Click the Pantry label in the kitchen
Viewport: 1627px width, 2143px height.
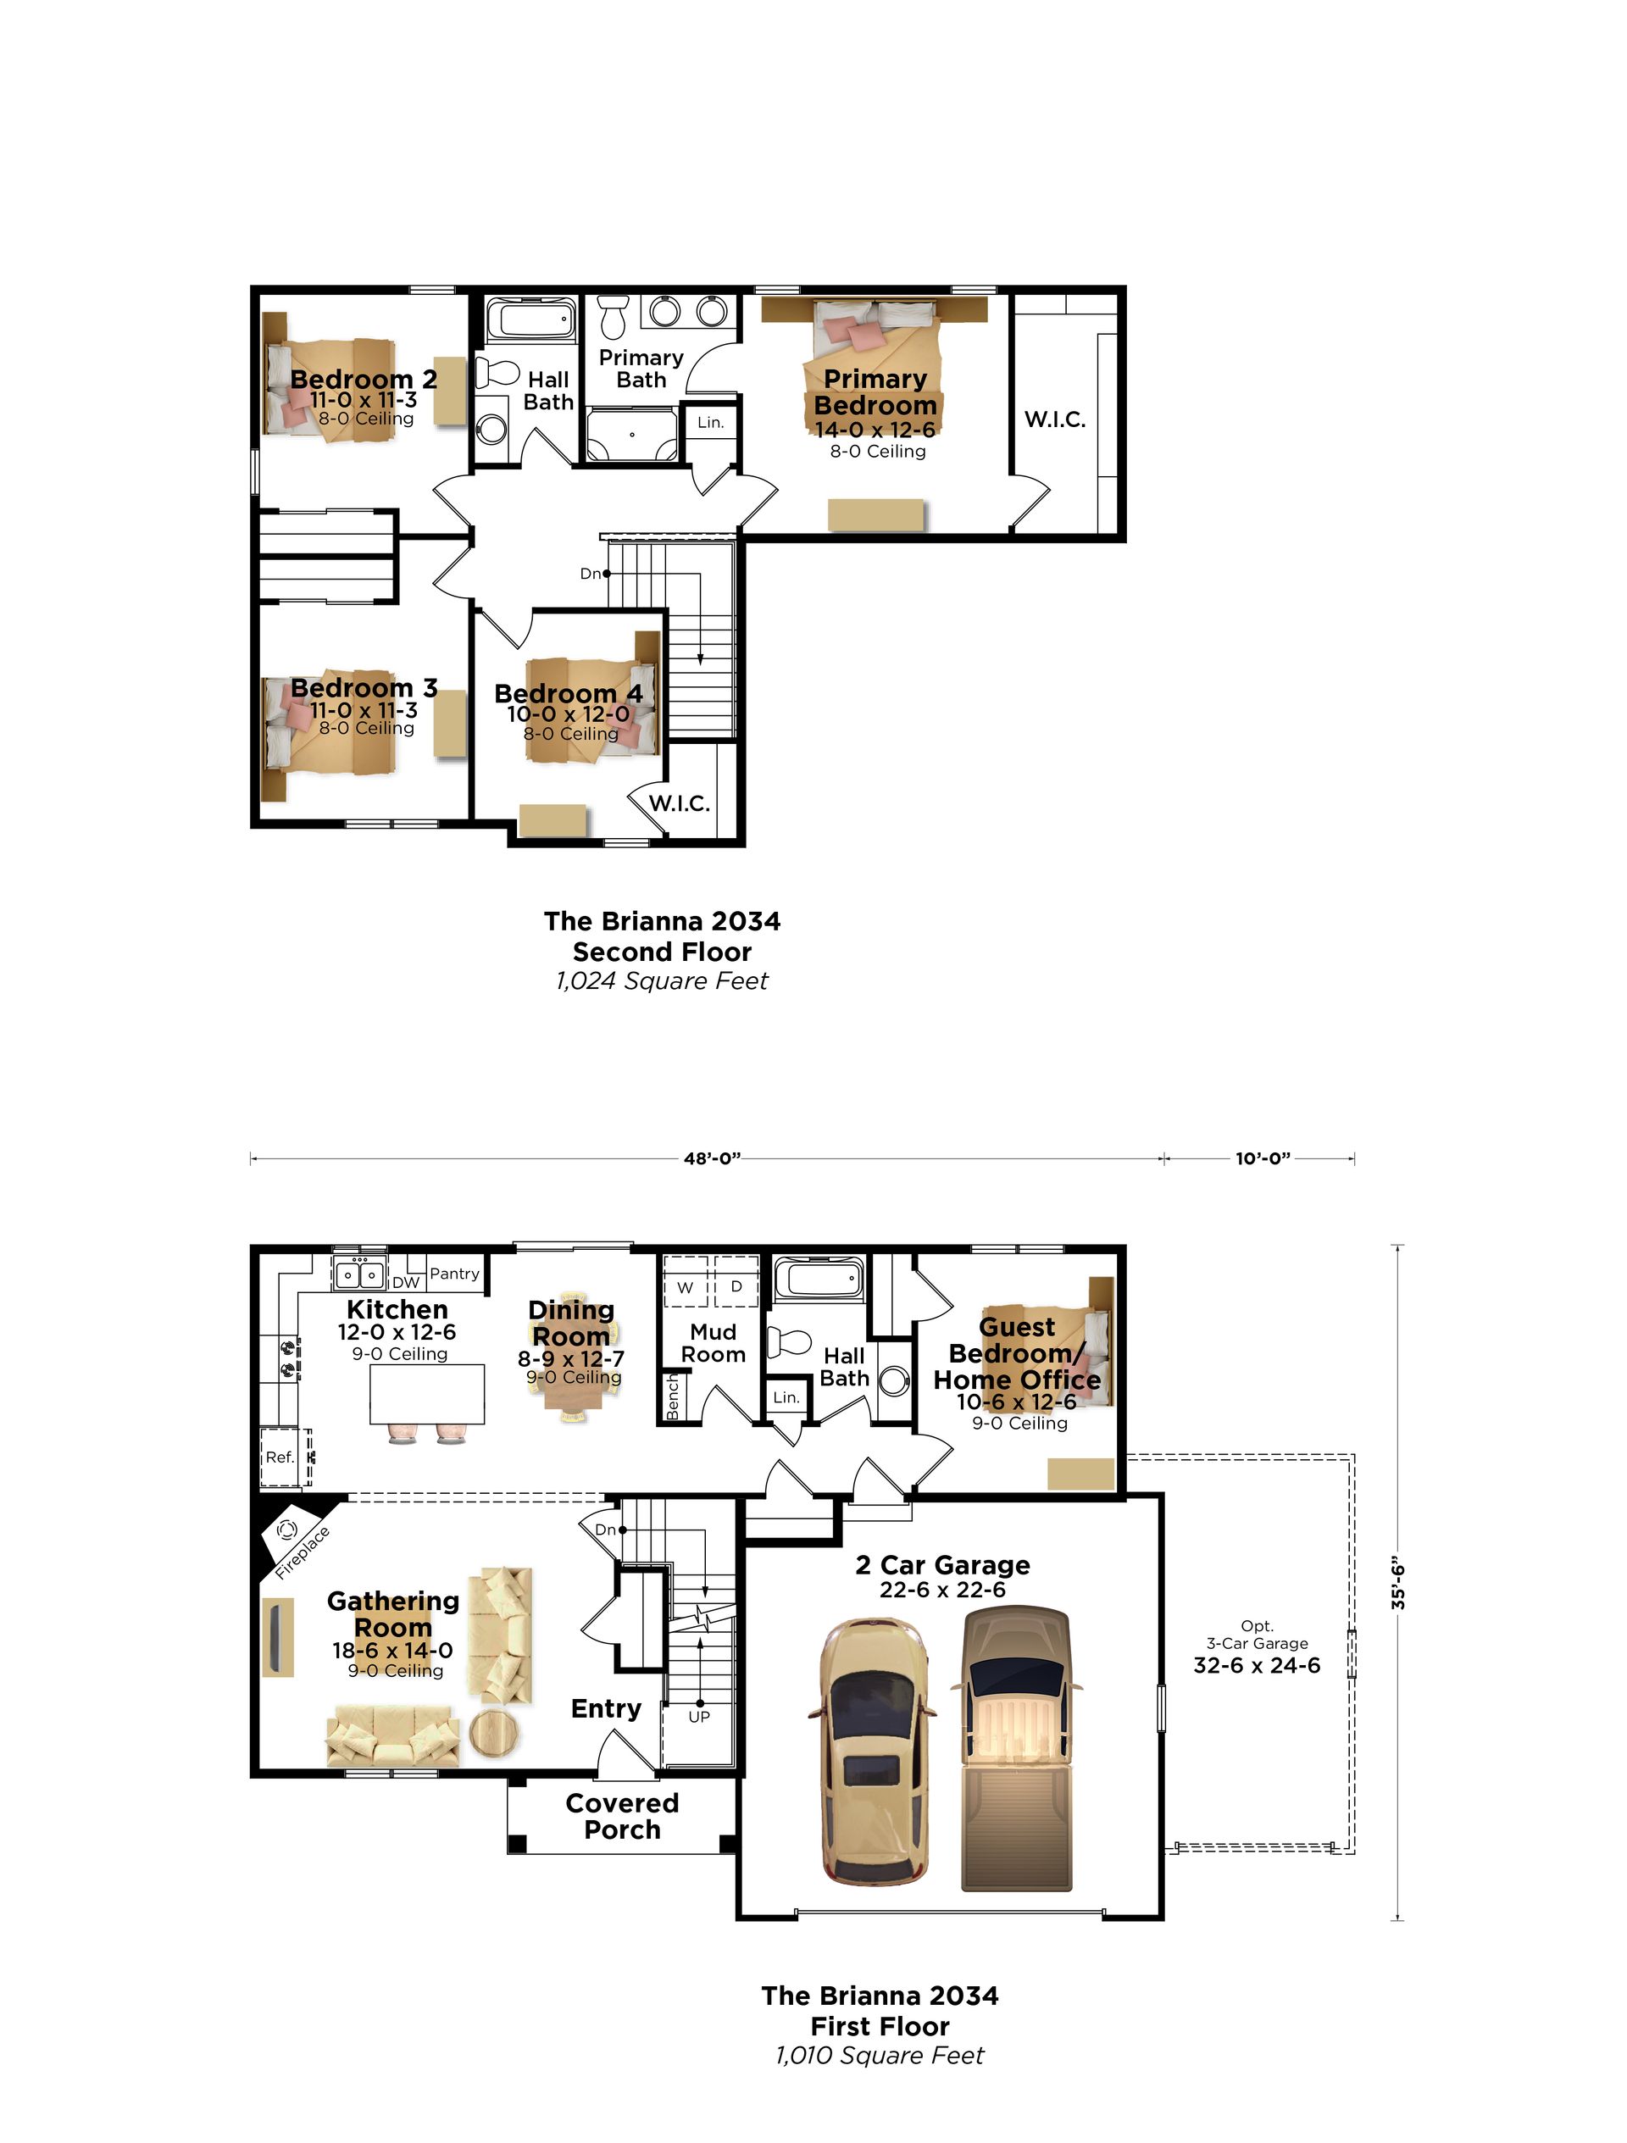[454, 1274]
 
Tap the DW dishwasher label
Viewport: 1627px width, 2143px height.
[406, 1283]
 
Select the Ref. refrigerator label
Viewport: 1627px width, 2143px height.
[279, 1457]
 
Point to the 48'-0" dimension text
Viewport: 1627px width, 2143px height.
[713, 1158]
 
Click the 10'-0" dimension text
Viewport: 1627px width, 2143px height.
[1263, 1158]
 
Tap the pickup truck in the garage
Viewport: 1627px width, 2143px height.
[1017, 1749]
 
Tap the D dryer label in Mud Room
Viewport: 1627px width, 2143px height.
[736, 1286]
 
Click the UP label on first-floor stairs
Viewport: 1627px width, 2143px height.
[698, 1717]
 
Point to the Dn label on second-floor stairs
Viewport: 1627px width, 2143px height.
[590, 574]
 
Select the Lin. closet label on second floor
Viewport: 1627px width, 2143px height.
[710, 422]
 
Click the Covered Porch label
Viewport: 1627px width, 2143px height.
[622, 1816]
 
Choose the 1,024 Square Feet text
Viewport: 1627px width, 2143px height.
[662, 981]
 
